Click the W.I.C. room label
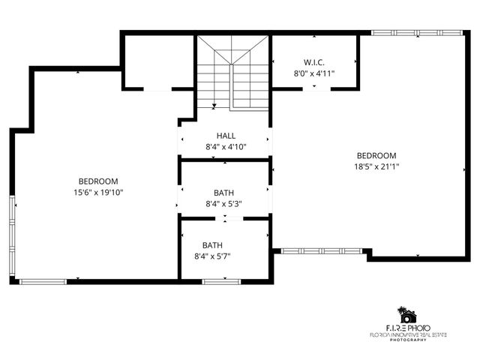click(313, 61)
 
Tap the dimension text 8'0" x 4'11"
click(313, 73)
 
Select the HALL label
click(226, 135)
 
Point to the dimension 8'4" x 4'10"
click(226, 146)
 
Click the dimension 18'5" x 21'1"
click(376, 166)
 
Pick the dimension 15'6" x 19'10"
click(98, 192)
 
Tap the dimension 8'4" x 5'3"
click(223, 203)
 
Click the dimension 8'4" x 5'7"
click(212, 256)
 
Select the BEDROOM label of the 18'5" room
click(376, 155)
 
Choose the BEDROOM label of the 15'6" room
click(98, 181)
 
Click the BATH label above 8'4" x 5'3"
click(223, 192)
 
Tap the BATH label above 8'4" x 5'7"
click(212, 244)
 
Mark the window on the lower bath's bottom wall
click(216, 281)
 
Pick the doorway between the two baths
click(225, 218)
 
